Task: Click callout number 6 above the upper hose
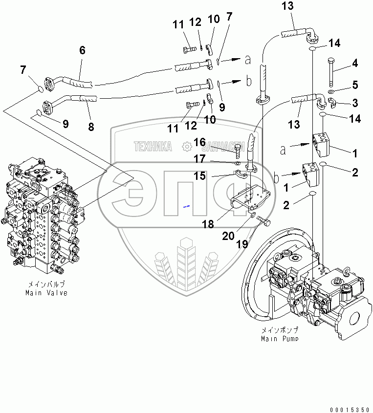(82, 50)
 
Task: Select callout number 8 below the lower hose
(91, 127)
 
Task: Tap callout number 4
(355, 63)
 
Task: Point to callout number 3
(355, 103)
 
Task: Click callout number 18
(208, 224)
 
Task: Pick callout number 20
(228, 236)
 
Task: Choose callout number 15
(199, 175)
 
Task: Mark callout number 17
(199, 159)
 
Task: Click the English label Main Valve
(46, 293)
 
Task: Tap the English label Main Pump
(280, 338)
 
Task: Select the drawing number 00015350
(350, 410)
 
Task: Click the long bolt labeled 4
(331, 72)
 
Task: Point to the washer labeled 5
(331, 91)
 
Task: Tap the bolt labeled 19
(263, 221)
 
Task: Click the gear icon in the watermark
(187, 147)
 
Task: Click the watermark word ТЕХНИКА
(153, 147)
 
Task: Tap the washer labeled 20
(252, 215)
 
